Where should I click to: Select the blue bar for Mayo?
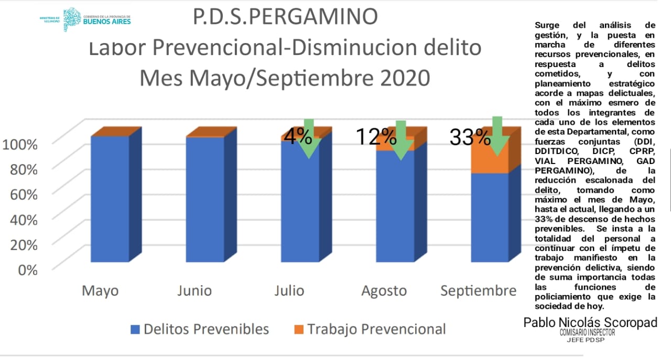tap(110, 199)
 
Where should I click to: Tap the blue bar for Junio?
tap(205, 199)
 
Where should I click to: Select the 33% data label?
tap(470, 138)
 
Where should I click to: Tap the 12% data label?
tap(376, 137)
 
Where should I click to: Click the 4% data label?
tap(298, 137)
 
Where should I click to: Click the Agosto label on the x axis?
tap(384, 291)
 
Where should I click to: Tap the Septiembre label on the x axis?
tap(478, 291)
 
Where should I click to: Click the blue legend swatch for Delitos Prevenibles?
tap(135, 330)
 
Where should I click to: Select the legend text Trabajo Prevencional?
tap(376, 329)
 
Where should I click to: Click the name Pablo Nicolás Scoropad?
tap(590, 323)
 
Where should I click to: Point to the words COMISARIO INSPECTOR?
tap(587, 333)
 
